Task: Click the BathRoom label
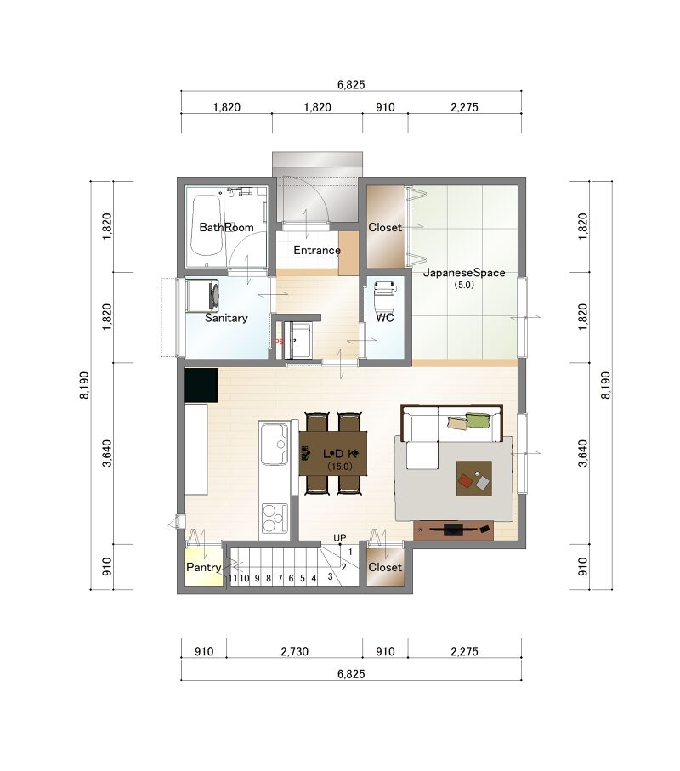(226, 227)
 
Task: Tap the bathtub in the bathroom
(207, 225)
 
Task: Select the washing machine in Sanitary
(202, 296)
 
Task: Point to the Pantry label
(203, 567)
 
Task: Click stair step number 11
(233, 579)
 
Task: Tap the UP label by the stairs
(340, 538)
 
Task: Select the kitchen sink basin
(275, 444)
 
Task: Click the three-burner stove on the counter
(275, 518)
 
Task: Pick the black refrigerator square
(201, 385)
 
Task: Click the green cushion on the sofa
(478, 421)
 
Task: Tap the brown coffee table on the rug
(474, 479)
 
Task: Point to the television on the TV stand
(453, 530)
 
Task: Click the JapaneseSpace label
(464, 272)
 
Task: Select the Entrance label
(317, 250)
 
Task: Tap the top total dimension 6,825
(351, 84)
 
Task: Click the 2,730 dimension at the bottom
(294, 651)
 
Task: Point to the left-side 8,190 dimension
(84, 385)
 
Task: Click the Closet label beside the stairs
(385, 567)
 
